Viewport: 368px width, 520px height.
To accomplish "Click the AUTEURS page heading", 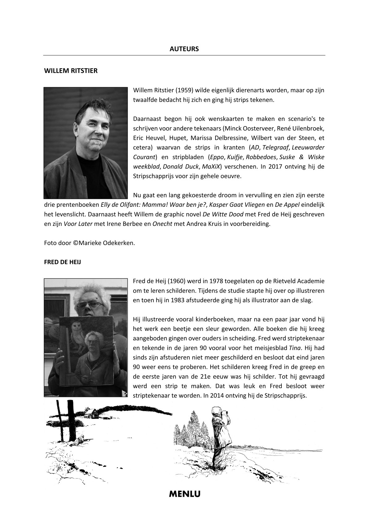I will [x=184, y=49].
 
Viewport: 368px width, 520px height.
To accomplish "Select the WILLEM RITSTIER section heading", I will [x=71, y=71].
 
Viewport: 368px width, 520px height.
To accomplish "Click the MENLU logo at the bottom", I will [x=185, y=494].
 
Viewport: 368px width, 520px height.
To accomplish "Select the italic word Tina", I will [x=295, y=348].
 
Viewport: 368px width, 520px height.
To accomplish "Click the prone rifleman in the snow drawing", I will [x=84, y=439].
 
